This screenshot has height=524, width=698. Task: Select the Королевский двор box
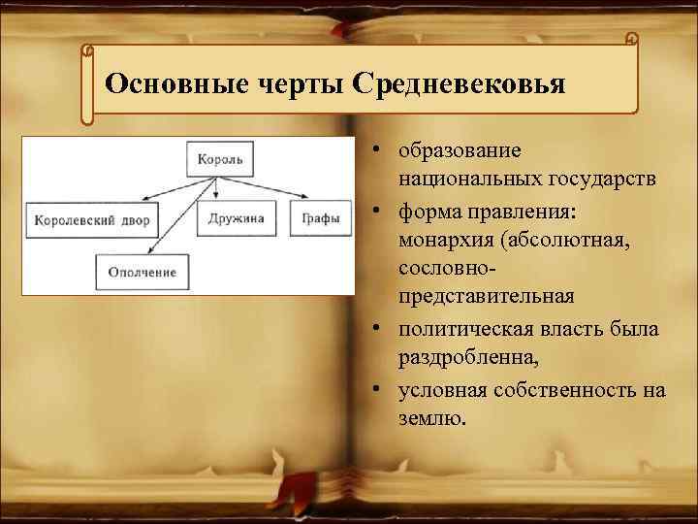[93, 219]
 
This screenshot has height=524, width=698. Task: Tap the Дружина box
[236, 218]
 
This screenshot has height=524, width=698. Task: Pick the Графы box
[320, 218]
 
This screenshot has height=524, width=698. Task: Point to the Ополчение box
[143, 272]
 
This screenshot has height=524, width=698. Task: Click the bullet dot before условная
[372, 390]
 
